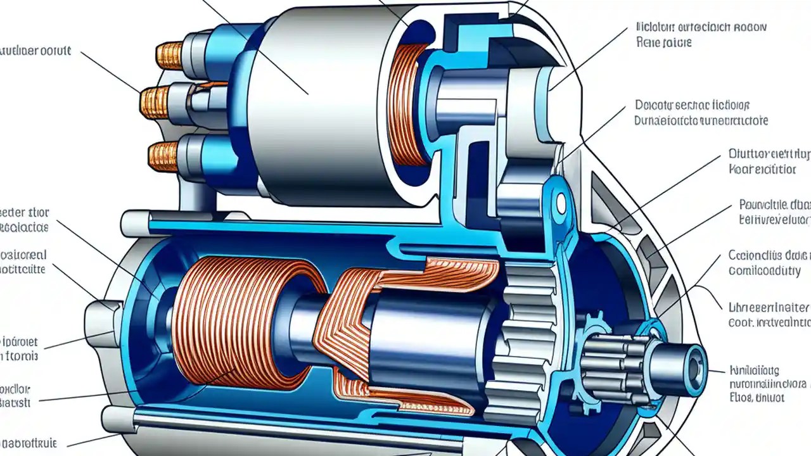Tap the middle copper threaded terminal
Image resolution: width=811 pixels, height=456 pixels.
click(156, 101)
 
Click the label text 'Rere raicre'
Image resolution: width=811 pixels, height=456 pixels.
click(663, 43)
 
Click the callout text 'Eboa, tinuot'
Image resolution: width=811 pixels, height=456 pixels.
click(757, 398)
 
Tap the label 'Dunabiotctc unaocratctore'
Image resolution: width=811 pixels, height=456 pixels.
click(700, 120)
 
